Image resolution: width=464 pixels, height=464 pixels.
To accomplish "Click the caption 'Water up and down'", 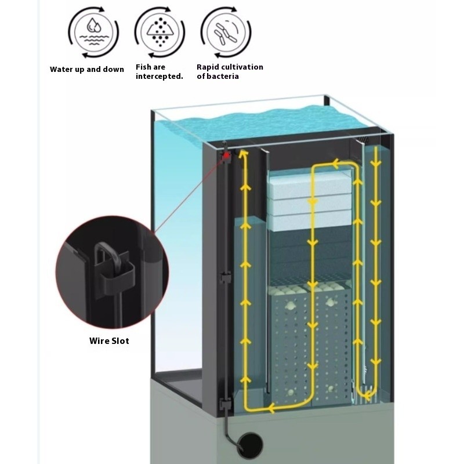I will (x=87, y=70).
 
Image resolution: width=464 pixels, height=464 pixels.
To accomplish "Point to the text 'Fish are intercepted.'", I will (x=159, y=72).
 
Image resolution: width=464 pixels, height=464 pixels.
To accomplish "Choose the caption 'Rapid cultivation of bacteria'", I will (x=230, y=72).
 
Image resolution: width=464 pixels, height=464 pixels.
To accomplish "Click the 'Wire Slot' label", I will (x=109, y=341).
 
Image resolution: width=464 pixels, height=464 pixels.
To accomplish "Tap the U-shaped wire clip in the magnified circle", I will (x=111, y=258).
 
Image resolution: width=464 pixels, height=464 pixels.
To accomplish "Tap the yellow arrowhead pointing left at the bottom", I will (x=271, y=409).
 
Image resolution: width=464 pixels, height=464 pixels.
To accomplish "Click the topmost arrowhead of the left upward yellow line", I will (x=244, y=154).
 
